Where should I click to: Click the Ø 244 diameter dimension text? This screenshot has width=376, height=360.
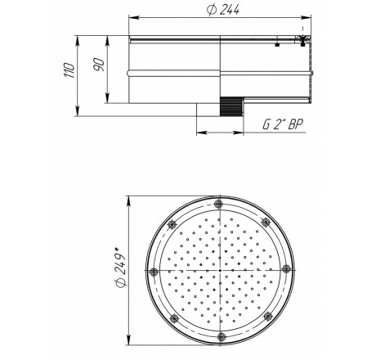pos(223,10)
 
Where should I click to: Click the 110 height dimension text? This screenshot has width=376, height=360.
pos(69,70)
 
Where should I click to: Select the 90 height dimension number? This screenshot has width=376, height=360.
pos(99,65)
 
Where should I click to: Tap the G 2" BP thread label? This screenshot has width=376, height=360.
pos(282,124)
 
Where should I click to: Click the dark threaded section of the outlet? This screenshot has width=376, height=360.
pos(231,106)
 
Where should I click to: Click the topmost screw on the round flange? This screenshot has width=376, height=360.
pos(218,204)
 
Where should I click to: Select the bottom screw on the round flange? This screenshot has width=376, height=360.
pos(221,336)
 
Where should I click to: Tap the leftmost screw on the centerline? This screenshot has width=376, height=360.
pos(154,272)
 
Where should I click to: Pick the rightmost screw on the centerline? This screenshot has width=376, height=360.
pos(285,269)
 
